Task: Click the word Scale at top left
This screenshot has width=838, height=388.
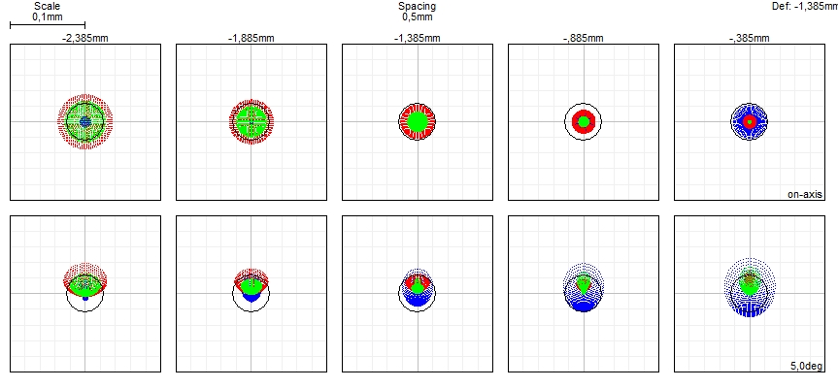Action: pos(47,6)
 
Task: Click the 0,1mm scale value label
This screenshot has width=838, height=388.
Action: pos(47,16)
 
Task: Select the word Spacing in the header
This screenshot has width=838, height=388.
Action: pos(417,6)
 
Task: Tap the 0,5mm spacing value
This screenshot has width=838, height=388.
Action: pos(417,16)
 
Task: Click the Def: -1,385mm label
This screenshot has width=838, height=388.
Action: pos(802,6)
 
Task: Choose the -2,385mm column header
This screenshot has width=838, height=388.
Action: pos(84,39)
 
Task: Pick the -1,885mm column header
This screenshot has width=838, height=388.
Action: pos(251,39)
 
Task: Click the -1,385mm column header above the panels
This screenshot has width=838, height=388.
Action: pos(417,39)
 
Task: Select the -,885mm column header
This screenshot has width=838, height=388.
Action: pos(583,39)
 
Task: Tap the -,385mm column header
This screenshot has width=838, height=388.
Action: pos(749,39)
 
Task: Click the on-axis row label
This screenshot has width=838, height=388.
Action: pos(805,194)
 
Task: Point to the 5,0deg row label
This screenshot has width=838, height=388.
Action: pos(807,366)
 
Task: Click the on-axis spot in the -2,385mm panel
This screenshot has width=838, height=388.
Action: pos(85,121)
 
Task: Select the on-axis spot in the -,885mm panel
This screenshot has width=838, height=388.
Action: pos(584,121)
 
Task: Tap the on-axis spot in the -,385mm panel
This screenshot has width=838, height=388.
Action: pos(750,121)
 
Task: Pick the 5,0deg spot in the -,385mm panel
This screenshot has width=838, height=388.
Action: pos(750,287)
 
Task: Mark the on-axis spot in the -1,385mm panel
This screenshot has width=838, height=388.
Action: pos(418,121)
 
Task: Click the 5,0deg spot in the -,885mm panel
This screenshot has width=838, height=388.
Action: pos(584,288)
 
